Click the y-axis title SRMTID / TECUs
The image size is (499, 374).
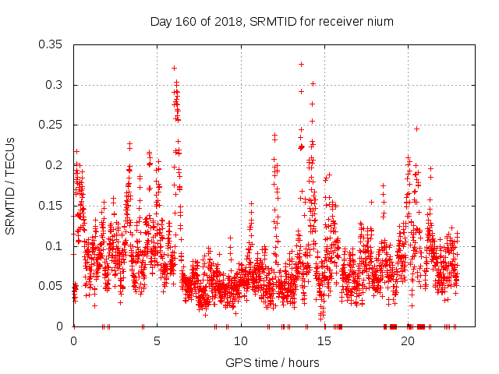[x=10, y=185]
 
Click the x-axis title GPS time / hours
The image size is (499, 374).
[x=272, y=362]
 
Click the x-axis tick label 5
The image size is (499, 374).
[x=157, y=341]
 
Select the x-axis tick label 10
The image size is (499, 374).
[x=241, y=341]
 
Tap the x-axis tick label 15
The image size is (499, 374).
[x=324, y=341]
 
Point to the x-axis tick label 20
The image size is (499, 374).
[x=408, y=341]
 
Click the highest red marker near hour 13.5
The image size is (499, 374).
[x=301, y=64]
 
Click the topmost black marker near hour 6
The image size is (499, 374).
[x=174, y=68]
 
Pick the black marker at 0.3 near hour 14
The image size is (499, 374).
[x=313, y=83]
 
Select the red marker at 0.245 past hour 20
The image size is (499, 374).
[x=416, y=129]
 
